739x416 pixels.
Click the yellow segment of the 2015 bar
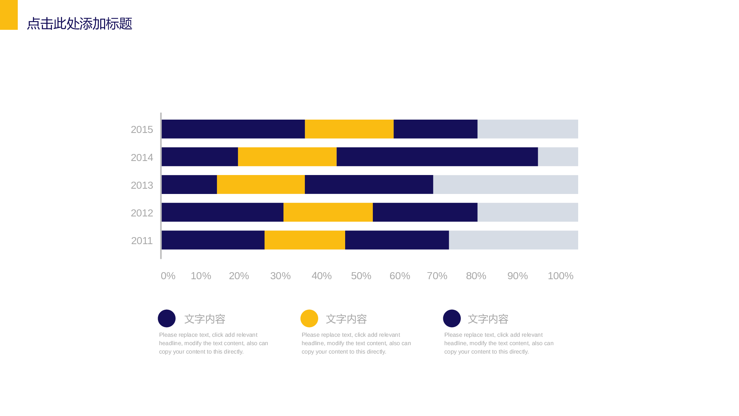coord(349,129)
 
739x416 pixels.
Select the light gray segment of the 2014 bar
coord(558,157)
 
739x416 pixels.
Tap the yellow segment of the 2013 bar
coord(261,184)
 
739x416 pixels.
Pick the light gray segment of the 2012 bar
coord(528,212)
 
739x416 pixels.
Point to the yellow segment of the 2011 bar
coord(305,240)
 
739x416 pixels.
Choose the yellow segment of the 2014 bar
coord(287,157)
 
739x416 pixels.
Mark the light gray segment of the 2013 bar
coord(506,184)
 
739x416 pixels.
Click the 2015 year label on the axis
coord(142,130)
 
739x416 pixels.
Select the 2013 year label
coord(142,185)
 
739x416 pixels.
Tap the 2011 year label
coord(142,241)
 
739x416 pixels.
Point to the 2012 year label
coord(142,213)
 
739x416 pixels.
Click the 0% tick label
coord(168,276)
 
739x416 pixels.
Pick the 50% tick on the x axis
coord(361,276)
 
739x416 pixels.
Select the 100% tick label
coord(561,276)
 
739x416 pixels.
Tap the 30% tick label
coord(280,276)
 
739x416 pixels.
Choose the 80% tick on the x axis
coord(476,276)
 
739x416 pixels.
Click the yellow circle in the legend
coord(309,318)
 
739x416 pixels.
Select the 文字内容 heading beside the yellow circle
coord(346,319)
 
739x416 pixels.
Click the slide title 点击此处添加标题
coord(80,24)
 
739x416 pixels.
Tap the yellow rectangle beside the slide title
coord(9,15)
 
